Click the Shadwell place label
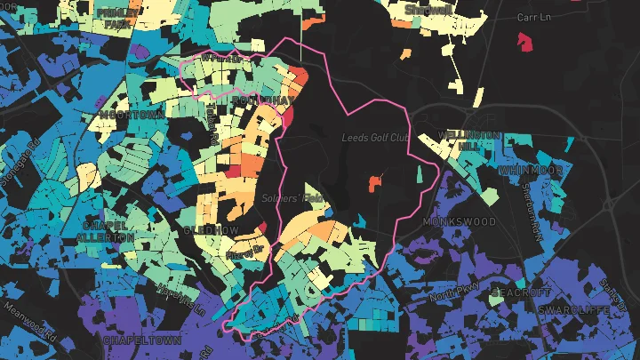(428, 10)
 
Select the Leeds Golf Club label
(374, 137)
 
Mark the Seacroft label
(515, 292)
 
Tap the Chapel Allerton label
(106, 232)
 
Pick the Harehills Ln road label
(182, 298)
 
